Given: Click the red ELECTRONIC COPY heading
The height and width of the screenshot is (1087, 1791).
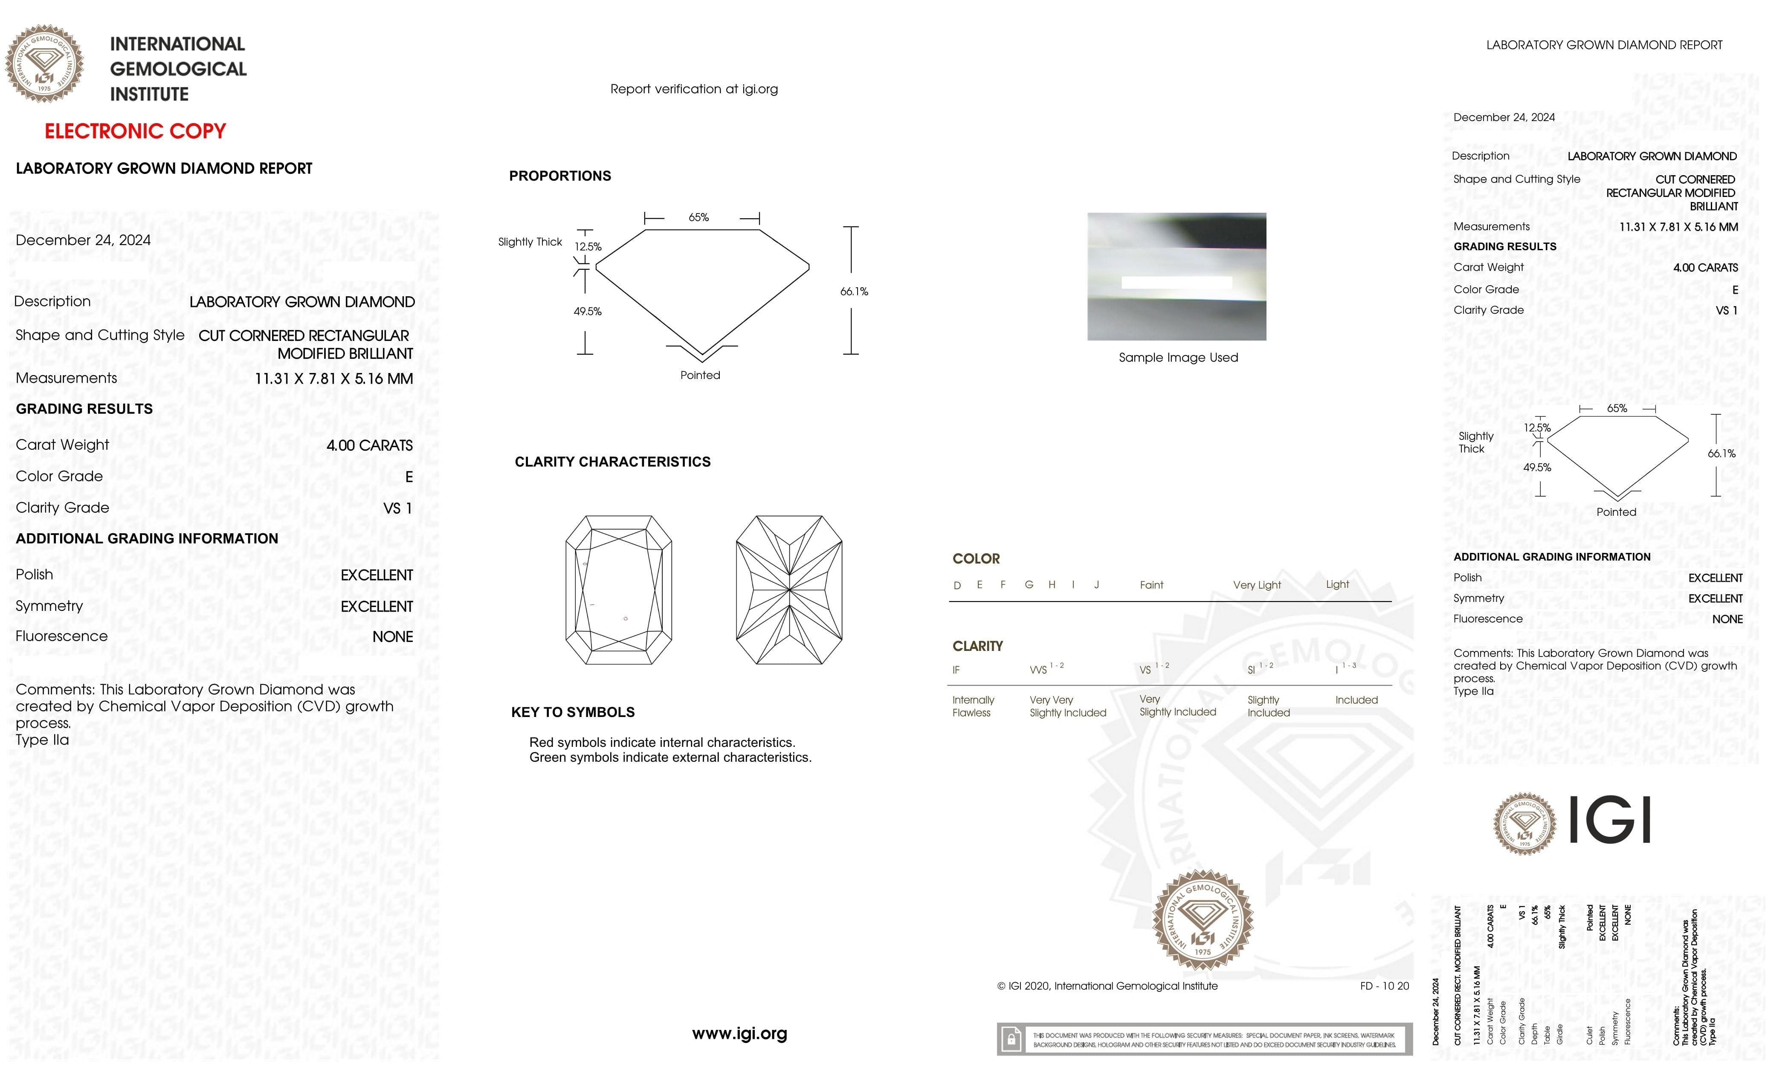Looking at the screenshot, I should [x=135, y=132].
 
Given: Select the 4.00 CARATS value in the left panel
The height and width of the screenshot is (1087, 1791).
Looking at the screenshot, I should [x=369, y=445].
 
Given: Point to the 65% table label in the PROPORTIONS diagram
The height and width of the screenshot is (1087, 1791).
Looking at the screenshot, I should [x=698, y=217].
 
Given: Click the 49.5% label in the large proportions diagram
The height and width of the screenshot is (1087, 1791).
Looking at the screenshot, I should [x=587, y=312].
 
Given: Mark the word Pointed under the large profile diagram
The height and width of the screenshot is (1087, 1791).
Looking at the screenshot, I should [x=700, y=376].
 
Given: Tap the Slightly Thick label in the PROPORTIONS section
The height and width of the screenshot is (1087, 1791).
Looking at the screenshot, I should [x=530, y=242].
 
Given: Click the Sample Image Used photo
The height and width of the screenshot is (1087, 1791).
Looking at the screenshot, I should [x=1176, y=276].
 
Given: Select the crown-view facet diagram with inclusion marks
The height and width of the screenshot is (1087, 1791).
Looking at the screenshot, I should [x=619, y=590].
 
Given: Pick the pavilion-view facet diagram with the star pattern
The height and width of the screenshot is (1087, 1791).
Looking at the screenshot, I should [x=788, y=590].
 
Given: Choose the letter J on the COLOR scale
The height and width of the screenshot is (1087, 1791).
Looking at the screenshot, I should [x=1096, y=585].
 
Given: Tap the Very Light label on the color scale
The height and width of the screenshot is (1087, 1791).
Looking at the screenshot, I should [x=1257, y=585].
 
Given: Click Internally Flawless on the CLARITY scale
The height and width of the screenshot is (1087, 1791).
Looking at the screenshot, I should [x=973, y=706].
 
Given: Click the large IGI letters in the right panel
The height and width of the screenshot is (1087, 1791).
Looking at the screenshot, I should [x=1610, y=820].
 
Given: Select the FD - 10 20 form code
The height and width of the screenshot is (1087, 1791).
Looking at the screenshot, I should [x=1384, y=986].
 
